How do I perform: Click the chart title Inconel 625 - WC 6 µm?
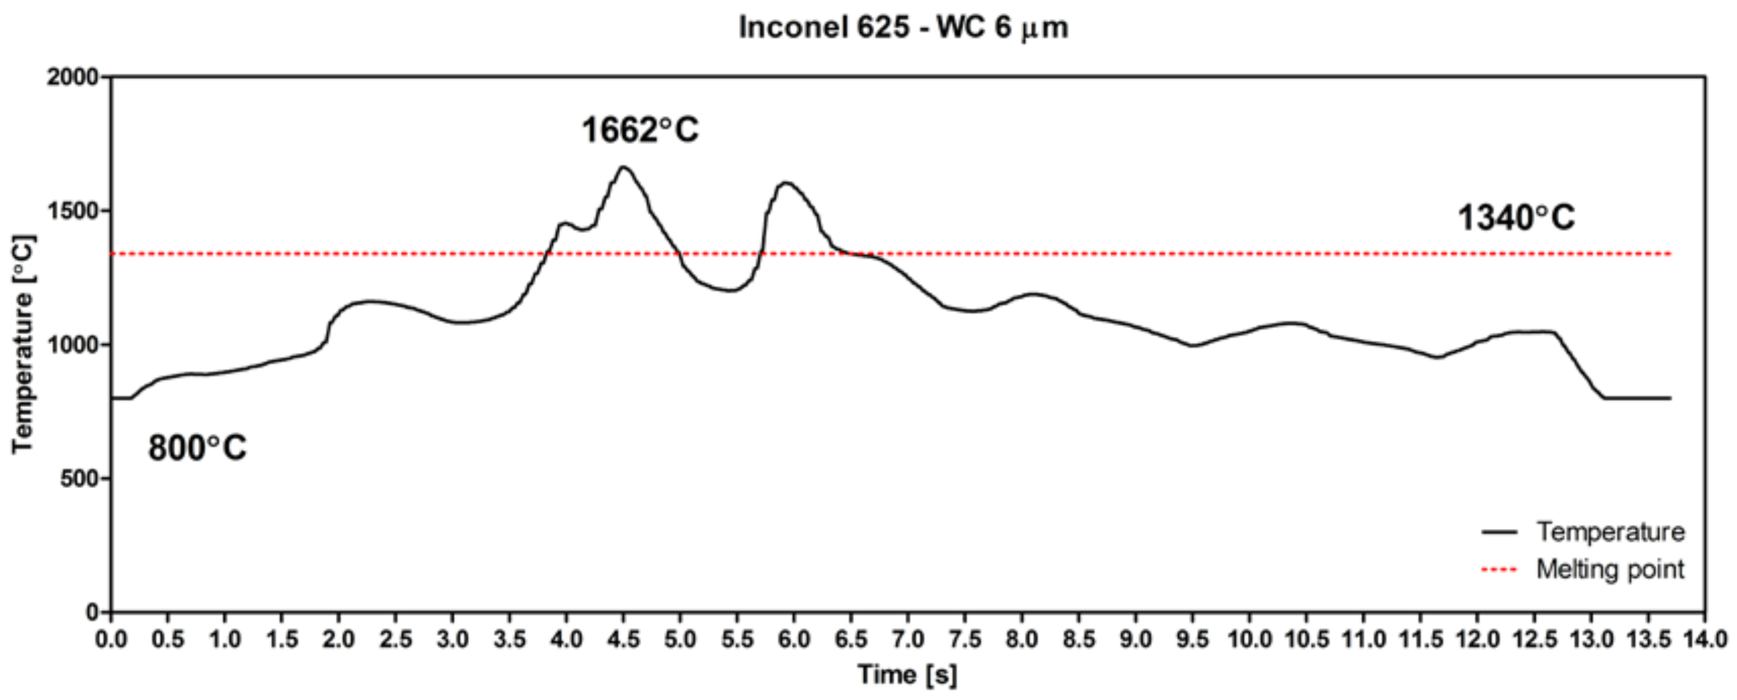click(x=903, y=28)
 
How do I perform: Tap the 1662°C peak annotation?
click(x=640, y=130)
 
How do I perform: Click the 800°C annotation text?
click(x=197, y=448)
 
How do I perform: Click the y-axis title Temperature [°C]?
click(x=22, y=344)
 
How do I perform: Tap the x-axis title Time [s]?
click(x=907, y=674)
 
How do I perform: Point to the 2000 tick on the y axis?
click(x=72, y=78)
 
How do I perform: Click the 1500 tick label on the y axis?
click(x=72, y=211)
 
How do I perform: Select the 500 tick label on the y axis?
click(x=79, y=479)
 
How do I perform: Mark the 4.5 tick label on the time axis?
click(x=623, y=639)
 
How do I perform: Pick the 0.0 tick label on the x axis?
click(x=111, y=639)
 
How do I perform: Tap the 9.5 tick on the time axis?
click(x=1192, y=639)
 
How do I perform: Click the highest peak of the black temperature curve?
click(x=623, y=167)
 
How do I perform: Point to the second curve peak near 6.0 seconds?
click(x=785, y=183)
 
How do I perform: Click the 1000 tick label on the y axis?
click(x=72, y=344)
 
